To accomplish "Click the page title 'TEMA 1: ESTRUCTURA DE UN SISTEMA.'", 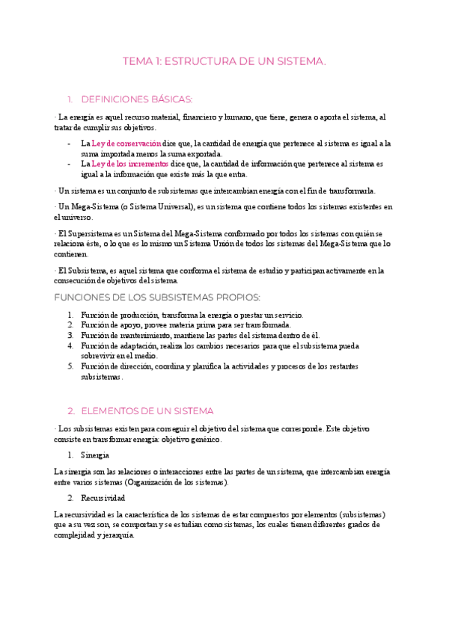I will (224, 62).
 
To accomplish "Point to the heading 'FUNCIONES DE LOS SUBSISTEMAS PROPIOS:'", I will (156, 298).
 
